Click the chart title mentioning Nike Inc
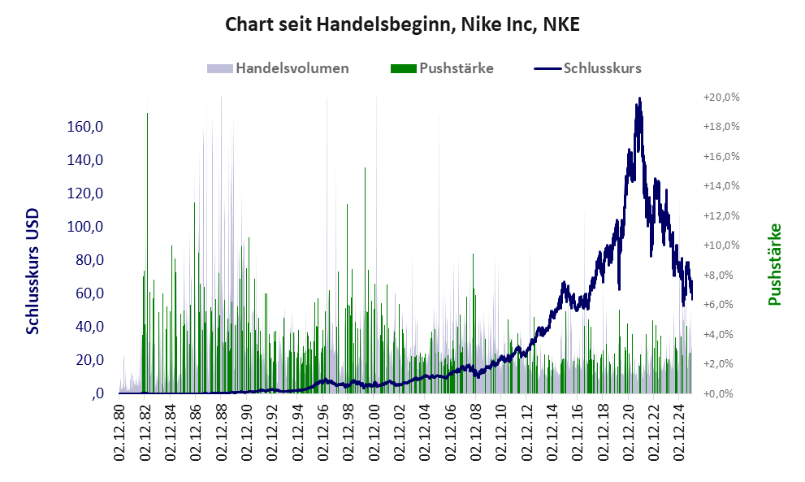402,25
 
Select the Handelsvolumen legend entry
279,68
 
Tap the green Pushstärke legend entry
442,68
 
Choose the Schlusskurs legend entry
588,68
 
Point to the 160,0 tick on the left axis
85,127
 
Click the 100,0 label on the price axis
85,227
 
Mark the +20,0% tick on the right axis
720,97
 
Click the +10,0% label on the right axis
720,245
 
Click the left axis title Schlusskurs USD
33,271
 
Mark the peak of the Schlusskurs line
640,99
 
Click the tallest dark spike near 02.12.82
147,115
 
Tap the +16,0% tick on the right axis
720,156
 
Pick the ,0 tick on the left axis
97,393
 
